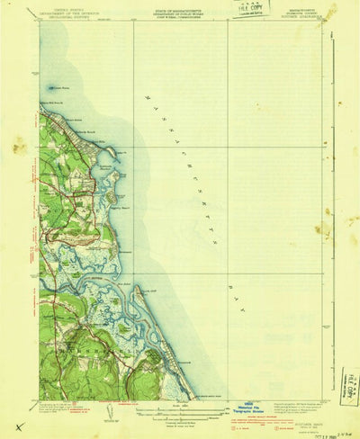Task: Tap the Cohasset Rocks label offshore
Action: [60, 88]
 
